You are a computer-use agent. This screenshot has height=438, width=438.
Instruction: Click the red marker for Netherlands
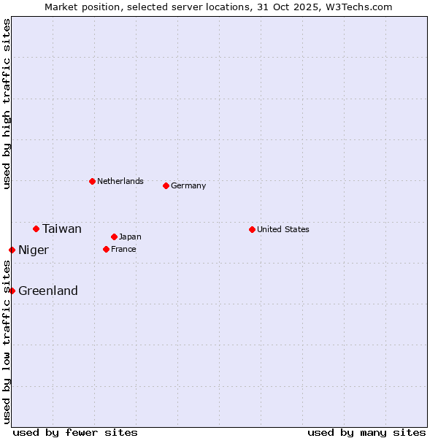[92, 181]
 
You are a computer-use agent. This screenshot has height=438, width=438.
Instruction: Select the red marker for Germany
[166, 185]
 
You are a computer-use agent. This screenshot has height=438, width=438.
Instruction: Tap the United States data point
[252, 229]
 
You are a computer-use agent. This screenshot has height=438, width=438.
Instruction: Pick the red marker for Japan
[114, 237]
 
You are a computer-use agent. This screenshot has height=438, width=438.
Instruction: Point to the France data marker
[106, 249]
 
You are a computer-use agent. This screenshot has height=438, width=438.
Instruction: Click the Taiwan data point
[36, 228]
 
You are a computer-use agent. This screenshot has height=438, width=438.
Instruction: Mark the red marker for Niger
[12, 250]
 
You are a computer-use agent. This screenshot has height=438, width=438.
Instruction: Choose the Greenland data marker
[12, 291]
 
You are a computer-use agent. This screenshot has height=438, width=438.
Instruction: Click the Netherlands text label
[120, 181]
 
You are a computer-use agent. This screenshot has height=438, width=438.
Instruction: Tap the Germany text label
[188, 185]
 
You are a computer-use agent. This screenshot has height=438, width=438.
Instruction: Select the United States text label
[283, 229]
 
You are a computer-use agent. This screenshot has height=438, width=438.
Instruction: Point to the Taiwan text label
[62, 228]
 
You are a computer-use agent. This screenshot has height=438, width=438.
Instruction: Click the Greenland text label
[48, 291]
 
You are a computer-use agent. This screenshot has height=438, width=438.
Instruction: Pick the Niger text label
[34, 250]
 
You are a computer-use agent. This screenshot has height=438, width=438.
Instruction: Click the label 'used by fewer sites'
[75, 432]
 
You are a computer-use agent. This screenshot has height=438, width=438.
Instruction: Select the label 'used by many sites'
[366, 432]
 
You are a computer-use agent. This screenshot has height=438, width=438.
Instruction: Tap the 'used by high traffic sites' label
[7, 104]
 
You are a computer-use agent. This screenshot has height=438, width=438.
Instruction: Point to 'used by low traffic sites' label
[7, 342]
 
